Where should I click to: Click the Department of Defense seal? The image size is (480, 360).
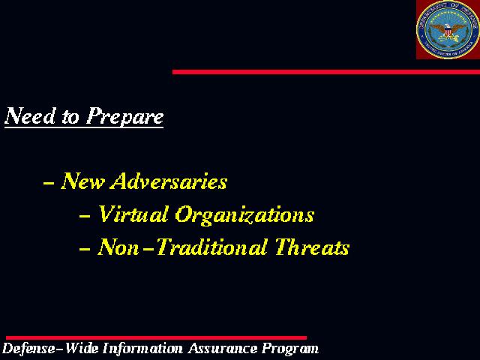click(448, 29)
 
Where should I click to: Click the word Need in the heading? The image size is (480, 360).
click(30, 115)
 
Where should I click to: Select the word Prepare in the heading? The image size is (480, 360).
click(124, 117)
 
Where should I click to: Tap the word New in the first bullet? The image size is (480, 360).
click(82, 181)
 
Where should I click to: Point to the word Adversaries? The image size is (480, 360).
click(169, 181)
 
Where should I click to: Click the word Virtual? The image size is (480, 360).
click(133, 214)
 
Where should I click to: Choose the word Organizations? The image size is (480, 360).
click(244, 215)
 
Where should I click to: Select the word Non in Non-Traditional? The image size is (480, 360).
click(118, 247)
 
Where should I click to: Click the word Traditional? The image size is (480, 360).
click(211, 247)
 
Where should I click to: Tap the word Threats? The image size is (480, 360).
click(312, 247)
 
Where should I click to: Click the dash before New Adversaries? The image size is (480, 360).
click(49, 183)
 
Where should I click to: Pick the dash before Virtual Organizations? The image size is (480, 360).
click(85, 216)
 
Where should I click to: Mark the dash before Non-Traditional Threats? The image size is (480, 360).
click(85, 249)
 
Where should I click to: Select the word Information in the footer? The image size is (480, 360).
click(142, 349)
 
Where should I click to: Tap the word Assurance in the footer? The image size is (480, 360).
click(223, 349)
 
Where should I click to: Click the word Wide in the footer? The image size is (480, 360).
click(82, 349)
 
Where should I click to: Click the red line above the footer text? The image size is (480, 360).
click(156, 338)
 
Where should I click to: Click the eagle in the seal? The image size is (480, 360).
click(448, 31)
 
